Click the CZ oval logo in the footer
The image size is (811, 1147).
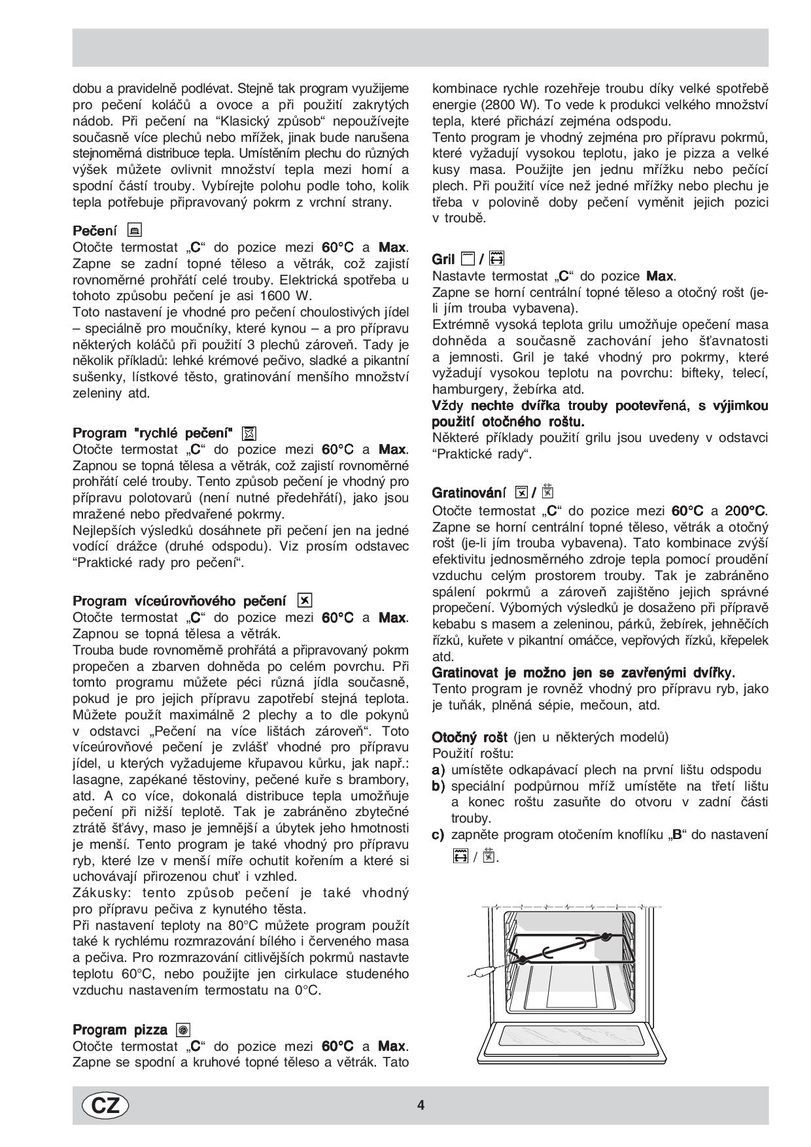105,1105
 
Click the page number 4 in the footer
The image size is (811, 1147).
421,1105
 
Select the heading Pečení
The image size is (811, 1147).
95,231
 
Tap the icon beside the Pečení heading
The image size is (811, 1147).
135,230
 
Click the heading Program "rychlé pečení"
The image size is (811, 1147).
152,433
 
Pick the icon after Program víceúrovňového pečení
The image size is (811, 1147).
305,600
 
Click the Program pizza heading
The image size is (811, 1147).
120,1030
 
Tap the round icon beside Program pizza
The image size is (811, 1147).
183,1030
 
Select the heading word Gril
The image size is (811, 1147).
443,259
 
